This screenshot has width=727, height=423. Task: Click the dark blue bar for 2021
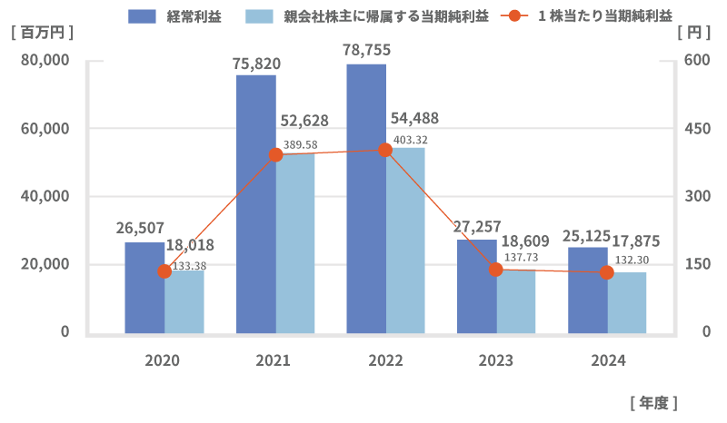pos(255,204)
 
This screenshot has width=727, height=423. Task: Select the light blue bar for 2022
pos(405,241)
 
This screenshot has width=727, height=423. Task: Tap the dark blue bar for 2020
pos(144,288)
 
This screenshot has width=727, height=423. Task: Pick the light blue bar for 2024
pos(627,303)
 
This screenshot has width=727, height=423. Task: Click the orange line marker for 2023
pos(496,270)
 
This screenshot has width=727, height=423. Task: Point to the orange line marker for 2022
pos(385,150)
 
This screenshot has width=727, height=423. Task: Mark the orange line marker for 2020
pos(164,271)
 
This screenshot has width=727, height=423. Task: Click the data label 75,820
pos(256,64)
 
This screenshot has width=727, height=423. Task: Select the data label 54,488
pos(414,118)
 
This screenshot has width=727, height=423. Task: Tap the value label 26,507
pos(140,228)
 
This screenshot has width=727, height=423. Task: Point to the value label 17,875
pos(635,241)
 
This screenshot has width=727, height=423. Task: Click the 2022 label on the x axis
pos(385,360)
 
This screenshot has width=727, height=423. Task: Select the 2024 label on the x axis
pos(608,360)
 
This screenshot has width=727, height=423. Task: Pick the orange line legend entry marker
pos(515,15)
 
